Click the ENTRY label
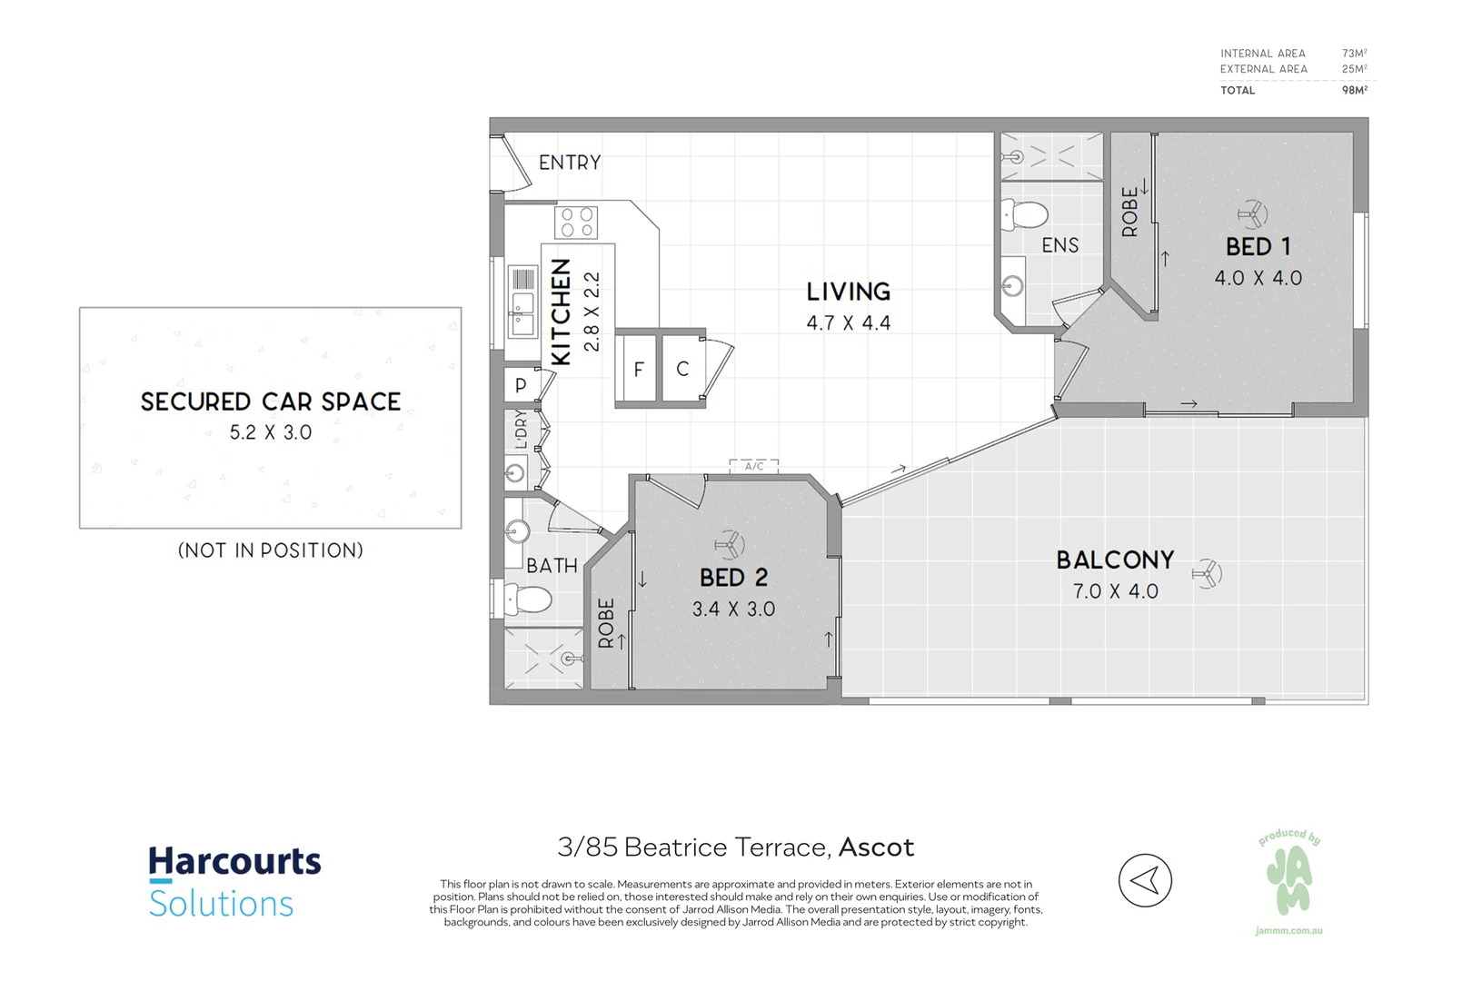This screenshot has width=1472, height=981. coord(570,163)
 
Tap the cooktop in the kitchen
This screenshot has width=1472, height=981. coord(576,223)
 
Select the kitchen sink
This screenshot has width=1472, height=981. coord(522,313)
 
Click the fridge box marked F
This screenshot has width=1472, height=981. coord(639,369)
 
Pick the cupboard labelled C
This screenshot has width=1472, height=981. coord(682,369)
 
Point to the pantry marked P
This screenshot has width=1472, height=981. coord(521,384)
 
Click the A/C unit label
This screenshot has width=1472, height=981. coord(754,467)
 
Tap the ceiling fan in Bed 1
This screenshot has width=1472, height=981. coord(1253,215)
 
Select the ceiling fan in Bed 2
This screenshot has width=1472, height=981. coord(729,545)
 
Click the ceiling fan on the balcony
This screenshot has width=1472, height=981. coord(1208,573)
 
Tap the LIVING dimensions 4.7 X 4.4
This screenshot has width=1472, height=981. coord(849,323)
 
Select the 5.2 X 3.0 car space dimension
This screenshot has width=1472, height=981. coord(271,433)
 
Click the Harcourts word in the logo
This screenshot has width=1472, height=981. coord(234,861)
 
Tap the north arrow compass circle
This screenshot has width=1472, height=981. coord(1145,880)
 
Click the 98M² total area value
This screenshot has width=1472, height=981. coord(1354,90)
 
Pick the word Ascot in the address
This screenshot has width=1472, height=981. coord(876,847)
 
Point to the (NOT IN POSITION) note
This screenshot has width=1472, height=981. coord(271,550)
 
